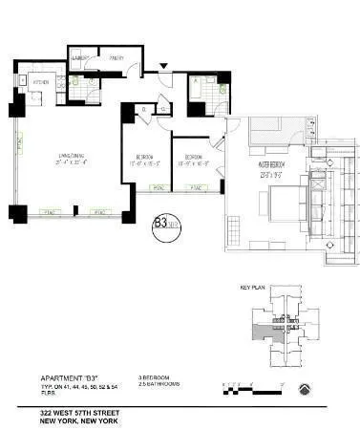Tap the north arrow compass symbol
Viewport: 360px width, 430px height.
pos(303,388)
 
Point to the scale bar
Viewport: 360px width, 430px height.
pos(249,388)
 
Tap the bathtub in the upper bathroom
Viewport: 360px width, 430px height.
pos(197,95)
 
